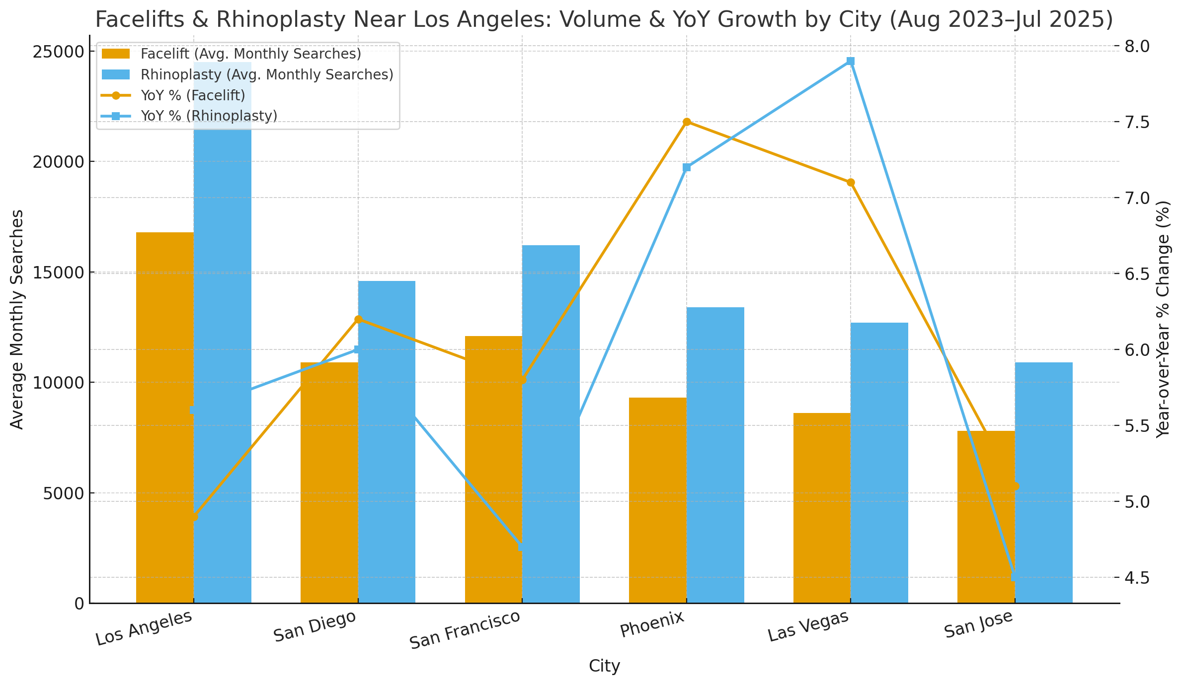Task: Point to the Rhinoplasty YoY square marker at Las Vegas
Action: pyautogui.click(x=851, y=61)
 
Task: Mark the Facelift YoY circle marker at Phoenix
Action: pyautogui.click(x=687, y=122)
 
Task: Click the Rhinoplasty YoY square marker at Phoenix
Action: pyautogui.click(x=687, y=168)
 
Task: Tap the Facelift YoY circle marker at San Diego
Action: pyautogui.click(x=358, y=319)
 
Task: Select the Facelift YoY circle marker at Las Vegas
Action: pyautogui.click(x=851, y=183)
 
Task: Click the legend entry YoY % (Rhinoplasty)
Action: pyautogui.click(x=209, y=116)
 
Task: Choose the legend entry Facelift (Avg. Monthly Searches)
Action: pyautogui.click(x=250, y=54)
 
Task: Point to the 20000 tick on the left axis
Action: pyautogui.click(x=59, y=162)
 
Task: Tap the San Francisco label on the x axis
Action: pyautogui.click(x=465, y=630)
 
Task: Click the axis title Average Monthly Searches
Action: pyautogui.click(x=17, y=319)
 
